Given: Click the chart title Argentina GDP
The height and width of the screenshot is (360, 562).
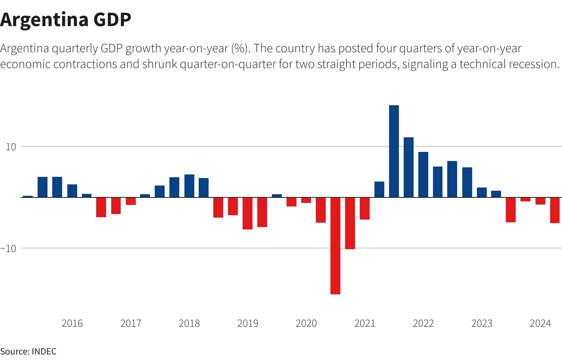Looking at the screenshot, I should [66, 19].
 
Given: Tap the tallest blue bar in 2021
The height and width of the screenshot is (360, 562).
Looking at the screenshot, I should [394, 151].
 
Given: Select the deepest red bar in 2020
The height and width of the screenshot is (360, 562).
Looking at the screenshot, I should [335, 245].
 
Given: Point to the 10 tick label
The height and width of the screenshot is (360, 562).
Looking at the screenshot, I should [11, 147].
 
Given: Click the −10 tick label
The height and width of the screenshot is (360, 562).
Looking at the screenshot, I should [9, 248].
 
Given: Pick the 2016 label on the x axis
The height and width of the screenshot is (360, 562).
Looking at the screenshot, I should [72, 324].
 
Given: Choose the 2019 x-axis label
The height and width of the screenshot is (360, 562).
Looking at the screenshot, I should [248, 324].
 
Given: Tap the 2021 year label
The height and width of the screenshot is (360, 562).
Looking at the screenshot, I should [365, 324].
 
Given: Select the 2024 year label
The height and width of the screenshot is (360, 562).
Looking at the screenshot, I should [540, 324].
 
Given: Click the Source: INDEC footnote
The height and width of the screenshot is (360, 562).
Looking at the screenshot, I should [28, 351].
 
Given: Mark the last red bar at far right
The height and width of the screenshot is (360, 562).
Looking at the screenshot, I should [555, 210].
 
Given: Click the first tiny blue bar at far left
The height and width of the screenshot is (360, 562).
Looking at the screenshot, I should [28, 196].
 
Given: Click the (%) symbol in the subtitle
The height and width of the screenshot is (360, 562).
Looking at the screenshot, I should [241, 48].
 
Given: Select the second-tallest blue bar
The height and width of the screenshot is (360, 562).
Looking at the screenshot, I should [408, 167].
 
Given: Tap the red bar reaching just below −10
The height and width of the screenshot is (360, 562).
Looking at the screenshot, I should [350, 223].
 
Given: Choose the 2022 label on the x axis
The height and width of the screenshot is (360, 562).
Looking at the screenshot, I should [423, 324].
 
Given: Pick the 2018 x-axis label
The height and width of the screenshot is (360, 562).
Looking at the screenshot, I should [189, 324].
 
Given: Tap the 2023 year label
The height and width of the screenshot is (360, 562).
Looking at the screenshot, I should [482, 324].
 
